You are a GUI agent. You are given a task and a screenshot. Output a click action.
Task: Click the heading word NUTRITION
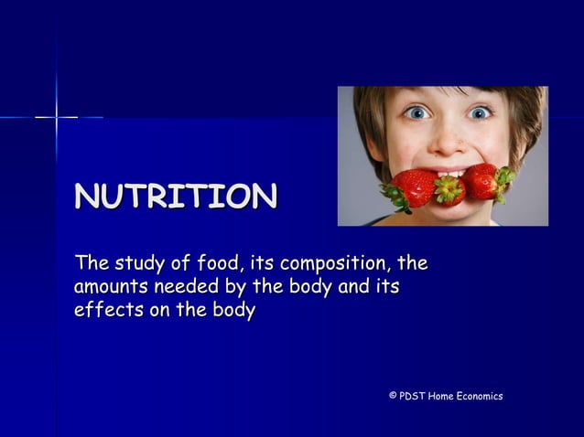click(176, 197)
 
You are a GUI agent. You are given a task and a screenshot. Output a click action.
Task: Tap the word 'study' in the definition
click(141, 265)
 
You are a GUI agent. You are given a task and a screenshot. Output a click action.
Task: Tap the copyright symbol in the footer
click(393, 396)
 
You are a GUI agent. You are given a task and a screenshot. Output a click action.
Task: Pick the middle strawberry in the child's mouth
click(449, 189)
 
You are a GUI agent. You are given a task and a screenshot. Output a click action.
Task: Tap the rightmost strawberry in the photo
click(486, 180)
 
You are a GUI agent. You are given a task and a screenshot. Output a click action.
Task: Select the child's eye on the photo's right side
click(479, 112)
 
